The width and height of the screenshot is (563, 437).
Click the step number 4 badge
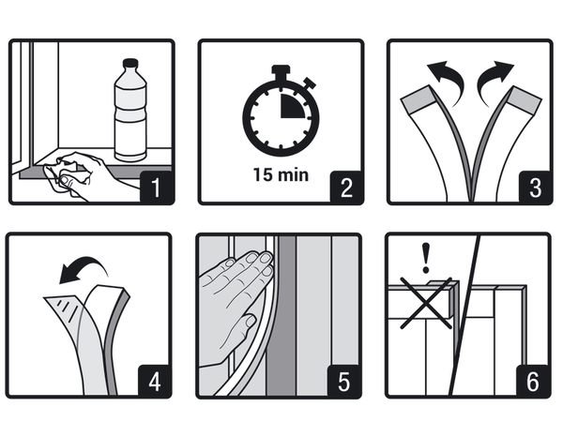(x=156, y=380)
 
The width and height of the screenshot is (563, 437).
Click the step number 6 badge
(x=533, y=380)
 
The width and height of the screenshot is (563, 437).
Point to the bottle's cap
(x=129, y=63)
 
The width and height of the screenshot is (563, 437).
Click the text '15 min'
(x=280, y=173)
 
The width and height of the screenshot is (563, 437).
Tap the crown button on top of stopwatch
(x=280, y=70)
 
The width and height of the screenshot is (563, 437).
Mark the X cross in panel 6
(x=426, y=302)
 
